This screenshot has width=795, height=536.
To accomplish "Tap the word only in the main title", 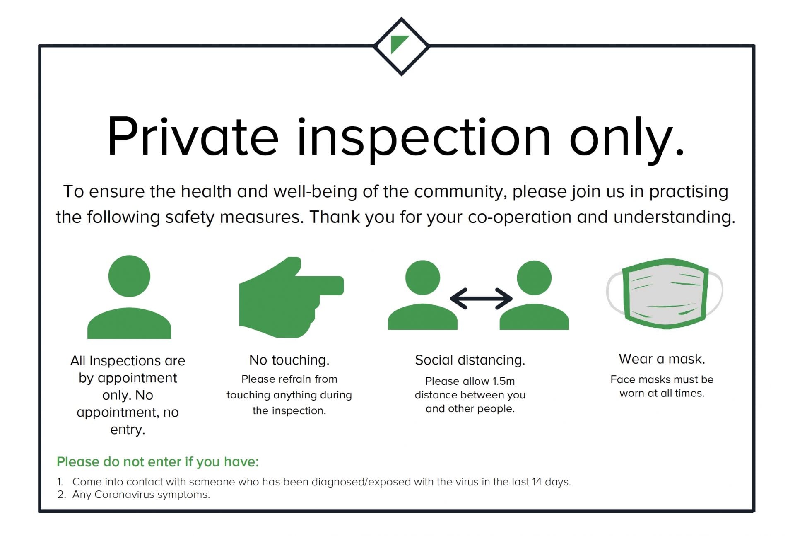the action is [x=627, y=140].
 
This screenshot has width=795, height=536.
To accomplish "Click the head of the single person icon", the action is [x=129, y=276].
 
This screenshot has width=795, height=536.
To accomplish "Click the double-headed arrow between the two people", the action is [x=481, y=298].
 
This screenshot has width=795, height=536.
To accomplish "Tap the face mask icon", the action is [x=664, y=294].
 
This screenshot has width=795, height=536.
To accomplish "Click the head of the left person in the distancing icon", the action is [x=422, y=278].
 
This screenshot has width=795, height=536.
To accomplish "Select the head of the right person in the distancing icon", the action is [x=534, y=278].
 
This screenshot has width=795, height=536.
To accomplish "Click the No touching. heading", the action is [x=289, y=360].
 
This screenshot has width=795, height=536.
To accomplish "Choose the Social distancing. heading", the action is [x=470, y=360].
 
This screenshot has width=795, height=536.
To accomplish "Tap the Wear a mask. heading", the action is [x=662, y=359].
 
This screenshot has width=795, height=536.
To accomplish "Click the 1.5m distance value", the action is [x=503, y=381].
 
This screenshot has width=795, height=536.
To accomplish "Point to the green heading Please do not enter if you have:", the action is [x=158, y=462].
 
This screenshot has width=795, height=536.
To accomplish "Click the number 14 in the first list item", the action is [x=537, y=482].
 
